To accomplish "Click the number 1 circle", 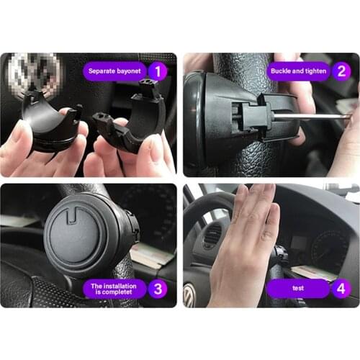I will tap(158, 71).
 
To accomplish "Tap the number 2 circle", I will tap(341, 71).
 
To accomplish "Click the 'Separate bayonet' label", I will tap(115, 71).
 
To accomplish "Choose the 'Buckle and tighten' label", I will tap(298, 71).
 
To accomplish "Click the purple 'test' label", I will tap(298, 289).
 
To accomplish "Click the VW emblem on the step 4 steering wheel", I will tap(190, 294).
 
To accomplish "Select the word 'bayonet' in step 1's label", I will tap(130, 71).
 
